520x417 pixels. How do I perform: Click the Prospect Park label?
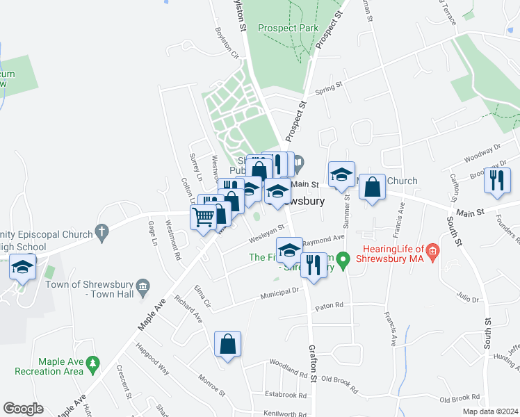[x=288, y=28]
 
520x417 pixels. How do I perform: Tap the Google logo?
[x=23, y=409]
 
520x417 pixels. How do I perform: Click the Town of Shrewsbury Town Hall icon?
[x=143, y=284]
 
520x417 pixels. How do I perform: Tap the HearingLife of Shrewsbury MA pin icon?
[x=432, y=250]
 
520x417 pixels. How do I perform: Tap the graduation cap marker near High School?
[x=23, y=267]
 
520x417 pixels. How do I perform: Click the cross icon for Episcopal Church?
[x=101, y=230]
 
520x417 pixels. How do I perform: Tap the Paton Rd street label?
[x=330, y=305]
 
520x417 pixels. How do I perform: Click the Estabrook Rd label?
[x=285, y=394]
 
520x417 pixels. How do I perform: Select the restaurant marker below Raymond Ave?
[x=314, y=265]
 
